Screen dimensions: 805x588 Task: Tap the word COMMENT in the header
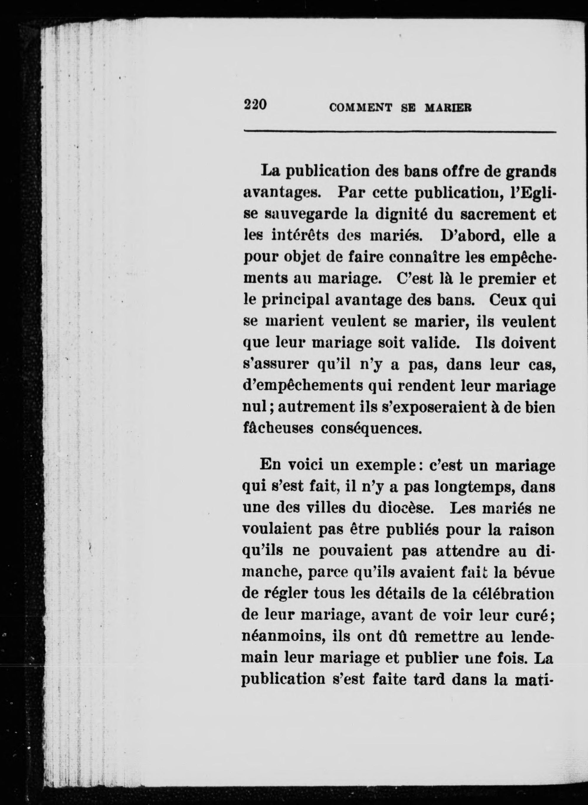(361, 107)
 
